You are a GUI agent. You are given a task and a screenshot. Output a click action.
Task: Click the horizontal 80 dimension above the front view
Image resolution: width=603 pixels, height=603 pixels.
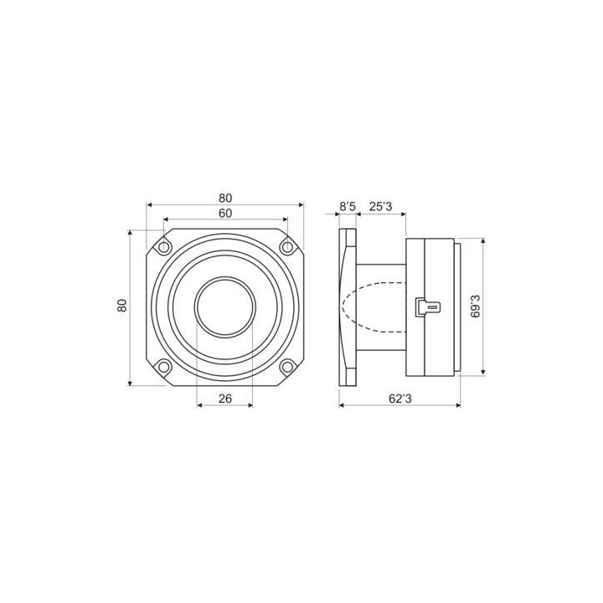coord(225,198)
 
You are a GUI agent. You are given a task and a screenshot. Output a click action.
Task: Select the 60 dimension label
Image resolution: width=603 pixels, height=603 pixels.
coord(225,214)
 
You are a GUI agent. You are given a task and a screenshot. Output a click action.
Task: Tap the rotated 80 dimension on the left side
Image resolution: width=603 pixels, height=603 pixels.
coord(122,306)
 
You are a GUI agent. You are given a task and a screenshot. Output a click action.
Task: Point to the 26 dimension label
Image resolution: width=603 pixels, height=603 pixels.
coord(224,399)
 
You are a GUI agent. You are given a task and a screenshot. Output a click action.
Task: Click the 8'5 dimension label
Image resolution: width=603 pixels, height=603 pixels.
coord(348,206)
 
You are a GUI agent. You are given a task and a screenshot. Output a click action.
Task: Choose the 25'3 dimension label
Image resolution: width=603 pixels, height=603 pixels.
coord(381,206)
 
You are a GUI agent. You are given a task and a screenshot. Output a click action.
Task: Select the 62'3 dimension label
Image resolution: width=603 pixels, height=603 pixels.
coord(400,399)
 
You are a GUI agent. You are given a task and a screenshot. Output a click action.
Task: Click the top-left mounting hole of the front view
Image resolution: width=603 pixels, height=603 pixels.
coord(164,246)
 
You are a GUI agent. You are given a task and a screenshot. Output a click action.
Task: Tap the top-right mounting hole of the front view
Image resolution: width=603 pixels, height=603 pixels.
coord(286,246)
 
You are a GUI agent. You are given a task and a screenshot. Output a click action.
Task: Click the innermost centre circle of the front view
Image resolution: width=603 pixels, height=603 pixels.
coord(224,306)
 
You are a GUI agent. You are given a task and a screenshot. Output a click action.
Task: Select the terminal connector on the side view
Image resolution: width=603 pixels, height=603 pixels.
coord(427,307)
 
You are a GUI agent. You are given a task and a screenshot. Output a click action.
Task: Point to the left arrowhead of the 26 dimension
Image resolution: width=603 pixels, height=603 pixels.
coord(199,406)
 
